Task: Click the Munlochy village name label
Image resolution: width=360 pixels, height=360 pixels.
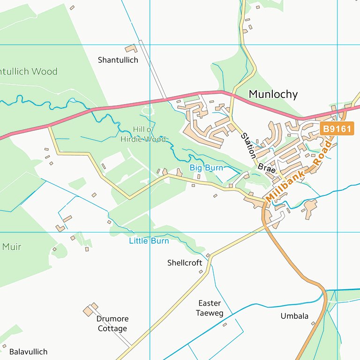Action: [x=273, y=94]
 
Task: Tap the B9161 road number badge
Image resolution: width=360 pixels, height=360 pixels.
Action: [x=337, y=129]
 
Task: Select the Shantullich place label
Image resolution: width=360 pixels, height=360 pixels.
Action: [x=118, y=60]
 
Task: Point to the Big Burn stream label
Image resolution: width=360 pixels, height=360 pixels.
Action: [x=206, y=167]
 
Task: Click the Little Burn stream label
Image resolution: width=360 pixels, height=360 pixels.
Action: [x=149, y=241]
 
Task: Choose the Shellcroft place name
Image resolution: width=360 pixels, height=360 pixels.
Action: [x=185, y=262]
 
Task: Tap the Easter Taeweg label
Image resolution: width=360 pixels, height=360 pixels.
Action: [x=210, y=308]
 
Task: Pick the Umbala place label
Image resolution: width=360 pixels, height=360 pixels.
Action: [x=294, y=316]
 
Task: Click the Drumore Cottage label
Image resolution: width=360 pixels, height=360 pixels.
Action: [x=112, y=323]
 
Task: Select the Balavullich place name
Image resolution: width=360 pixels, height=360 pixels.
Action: [x=28, y=352]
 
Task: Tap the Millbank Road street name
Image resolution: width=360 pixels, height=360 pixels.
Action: [x=298, y=172]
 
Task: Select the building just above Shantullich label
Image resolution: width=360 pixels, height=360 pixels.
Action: [x=130, y=48]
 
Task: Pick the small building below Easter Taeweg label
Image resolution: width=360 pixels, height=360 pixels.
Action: [x=225, y=324]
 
